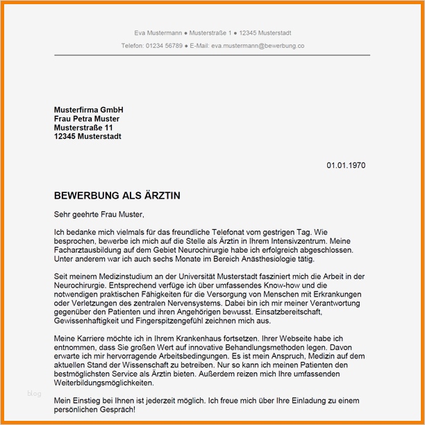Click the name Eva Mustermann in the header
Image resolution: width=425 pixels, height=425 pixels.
(159, 33)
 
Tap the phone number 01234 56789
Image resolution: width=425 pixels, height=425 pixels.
(164, 45)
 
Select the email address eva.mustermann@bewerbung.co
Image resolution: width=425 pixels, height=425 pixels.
(258, 45)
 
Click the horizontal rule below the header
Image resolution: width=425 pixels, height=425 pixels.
(212, 55)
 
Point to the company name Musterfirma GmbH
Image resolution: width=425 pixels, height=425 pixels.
(88, 110)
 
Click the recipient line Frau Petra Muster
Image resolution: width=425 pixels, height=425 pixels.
(87, 119)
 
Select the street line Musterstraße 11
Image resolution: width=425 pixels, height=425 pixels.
(83, 128)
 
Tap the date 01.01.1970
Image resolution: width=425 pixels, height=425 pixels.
(346, 165)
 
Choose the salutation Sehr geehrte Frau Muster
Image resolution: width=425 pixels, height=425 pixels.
(99, 215)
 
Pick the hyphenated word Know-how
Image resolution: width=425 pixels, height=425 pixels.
(276, 285)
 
